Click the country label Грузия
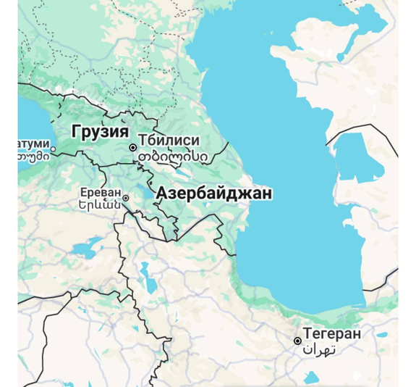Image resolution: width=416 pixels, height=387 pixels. (x=100, y=132)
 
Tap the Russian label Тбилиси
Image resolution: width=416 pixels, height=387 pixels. (x=171, y=141)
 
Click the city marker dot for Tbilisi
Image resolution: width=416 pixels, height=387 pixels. (x=133, y=148)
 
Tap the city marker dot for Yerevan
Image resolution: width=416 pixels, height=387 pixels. (x=126, y=198)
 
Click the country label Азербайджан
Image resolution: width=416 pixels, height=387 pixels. (x=214, y=193)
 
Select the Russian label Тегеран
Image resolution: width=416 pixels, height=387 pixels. (x=332, y=333)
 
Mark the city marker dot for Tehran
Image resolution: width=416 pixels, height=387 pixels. (x=297, y=341)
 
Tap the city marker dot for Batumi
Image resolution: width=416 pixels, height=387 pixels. (x=53, y=151)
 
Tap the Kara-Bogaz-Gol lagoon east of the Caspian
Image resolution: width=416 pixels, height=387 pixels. (x=352, y=156)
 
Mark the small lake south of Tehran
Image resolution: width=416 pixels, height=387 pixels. (x=311, y=377)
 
